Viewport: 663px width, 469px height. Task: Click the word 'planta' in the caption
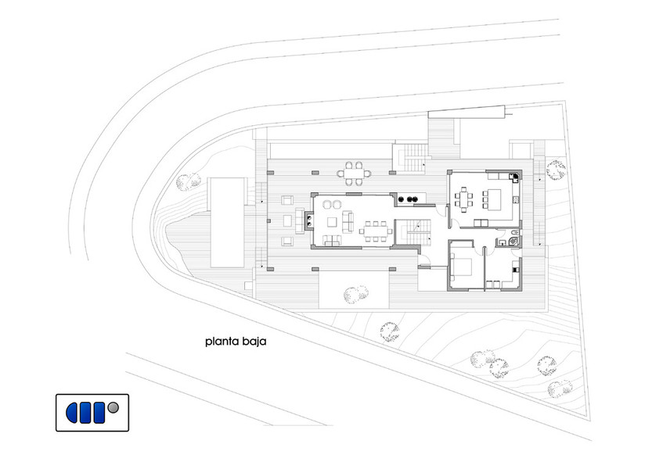tap(222, 342)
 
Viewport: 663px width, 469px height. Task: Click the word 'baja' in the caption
tap(254, 341)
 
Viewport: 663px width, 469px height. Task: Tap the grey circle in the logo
tap(114, 408)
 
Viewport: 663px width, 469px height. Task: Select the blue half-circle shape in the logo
tap(71, 413)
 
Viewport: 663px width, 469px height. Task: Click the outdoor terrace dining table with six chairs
tap(354, 173)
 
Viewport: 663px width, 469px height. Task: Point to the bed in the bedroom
tap(461, 267)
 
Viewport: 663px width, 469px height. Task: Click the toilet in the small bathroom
tap(513, 233)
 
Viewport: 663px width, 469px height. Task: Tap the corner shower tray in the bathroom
tap(514, 242)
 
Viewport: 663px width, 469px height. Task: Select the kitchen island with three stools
tap(492, 199)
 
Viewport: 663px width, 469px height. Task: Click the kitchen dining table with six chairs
tap(464, 199)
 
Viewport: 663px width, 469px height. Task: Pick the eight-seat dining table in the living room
tap(376, 231)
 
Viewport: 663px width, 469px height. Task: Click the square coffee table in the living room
tap(333, 222)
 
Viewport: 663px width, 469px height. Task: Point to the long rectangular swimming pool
tap(228, 223)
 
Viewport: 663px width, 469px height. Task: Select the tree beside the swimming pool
tap(188, 181)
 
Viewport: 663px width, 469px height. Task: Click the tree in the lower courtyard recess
tap(355, 294)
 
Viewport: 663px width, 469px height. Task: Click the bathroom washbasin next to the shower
tap(503, 242)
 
